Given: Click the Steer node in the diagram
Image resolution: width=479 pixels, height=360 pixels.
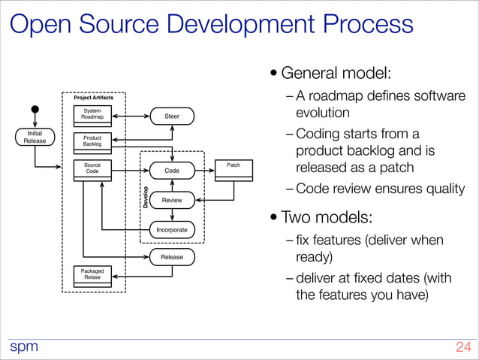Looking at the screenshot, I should [171, 116].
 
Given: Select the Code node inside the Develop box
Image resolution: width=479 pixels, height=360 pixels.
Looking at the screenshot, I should [171, 171].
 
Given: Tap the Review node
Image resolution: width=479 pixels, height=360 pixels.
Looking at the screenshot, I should [171, 200].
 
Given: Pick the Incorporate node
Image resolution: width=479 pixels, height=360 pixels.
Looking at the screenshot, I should [171, 228].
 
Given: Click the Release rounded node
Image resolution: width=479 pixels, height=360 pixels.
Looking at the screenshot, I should [171, 257].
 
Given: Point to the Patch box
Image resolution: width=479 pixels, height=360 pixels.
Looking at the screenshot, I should [233, 168].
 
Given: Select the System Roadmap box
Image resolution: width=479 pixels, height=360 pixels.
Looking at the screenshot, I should [92, 113].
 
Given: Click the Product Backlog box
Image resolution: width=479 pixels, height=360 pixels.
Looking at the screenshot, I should [92, 141].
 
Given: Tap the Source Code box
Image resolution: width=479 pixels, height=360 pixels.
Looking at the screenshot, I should [92, 168].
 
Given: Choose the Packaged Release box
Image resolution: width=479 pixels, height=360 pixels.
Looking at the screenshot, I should [92, 274].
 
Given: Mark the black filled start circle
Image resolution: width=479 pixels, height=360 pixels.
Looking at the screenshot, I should [35, 109].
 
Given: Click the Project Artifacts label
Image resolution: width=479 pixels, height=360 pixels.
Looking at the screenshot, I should [93, 98].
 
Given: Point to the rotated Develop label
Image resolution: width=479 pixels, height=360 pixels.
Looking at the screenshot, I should [145, 198].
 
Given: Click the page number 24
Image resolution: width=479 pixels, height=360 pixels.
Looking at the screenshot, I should [462, 347].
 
